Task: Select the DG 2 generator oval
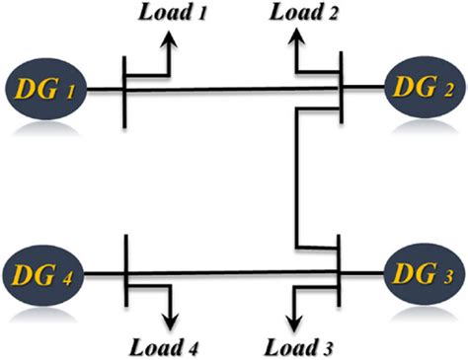[424, 90]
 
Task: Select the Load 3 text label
[301, 346]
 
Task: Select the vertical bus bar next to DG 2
[340, 89]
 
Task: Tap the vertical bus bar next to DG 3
[339, 269]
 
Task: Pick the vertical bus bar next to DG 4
[125, 270]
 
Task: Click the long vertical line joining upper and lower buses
[295, 178]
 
